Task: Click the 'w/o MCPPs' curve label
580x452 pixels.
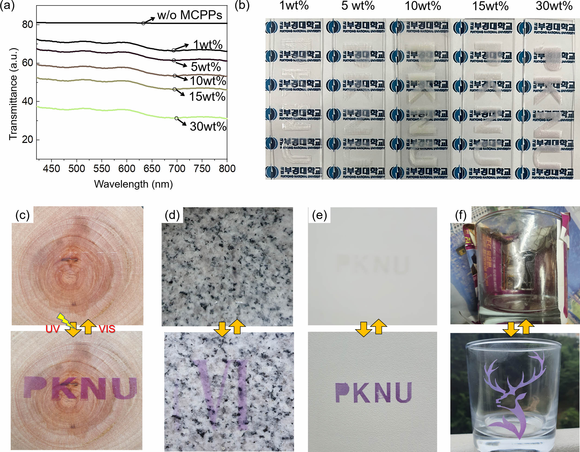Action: coord(189,15)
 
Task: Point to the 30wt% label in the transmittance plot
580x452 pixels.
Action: coord(208,126)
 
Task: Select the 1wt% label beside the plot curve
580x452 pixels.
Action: coord(207,45)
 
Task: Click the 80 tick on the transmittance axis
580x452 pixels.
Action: coord(27,25)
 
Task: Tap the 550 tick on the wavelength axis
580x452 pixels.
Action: coord(102,169)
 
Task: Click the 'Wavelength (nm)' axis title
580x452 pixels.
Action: coord(133,184)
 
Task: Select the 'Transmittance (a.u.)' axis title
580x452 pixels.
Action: coord(13,94)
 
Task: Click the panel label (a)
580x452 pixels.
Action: coord(7,5)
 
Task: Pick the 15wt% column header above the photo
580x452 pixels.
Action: coord(490,6)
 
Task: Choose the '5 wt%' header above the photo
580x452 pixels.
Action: coord(358,6)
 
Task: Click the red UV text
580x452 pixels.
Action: coord(52,329)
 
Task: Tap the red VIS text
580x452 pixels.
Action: coord(107,329)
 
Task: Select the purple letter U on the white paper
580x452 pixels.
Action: coord(403,392)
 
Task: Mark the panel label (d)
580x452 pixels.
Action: coord(172,215)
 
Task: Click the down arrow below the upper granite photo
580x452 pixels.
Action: coord(222,329)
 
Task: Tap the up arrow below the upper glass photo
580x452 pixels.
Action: coord(526,327)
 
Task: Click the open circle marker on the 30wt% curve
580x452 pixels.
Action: coord(176,118)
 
